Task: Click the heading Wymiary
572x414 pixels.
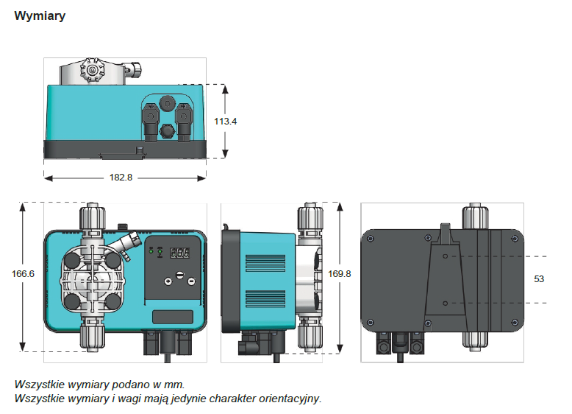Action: [40, 16]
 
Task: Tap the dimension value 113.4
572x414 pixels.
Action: [226, 121]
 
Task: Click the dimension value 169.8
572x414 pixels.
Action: [339, 273]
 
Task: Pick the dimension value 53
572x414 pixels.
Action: [539, 279]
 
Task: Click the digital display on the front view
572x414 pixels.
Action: [179, 253]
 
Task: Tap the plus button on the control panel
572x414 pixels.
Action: [168, 281]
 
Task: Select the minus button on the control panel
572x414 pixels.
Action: [190, 281]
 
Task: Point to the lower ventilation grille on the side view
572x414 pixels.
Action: [265, 298]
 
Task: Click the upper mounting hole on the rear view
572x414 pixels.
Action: [446, 256]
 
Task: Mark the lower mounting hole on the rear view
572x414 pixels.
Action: [446, 303]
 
